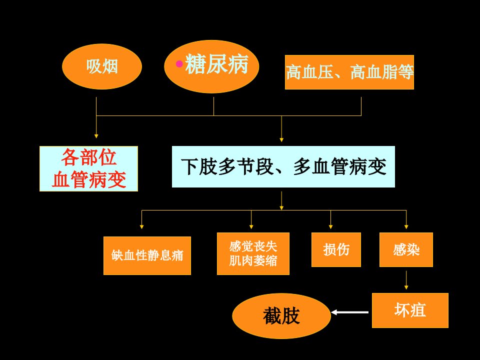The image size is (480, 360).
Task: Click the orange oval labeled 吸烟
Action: (x=102, y=66)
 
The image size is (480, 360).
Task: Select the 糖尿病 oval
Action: (x=211, y=66)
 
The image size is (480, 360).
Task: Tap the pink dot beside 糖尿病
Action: (x=179, y=64)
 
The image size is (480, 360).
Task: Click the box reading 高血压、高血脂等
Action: (x=349, y=72)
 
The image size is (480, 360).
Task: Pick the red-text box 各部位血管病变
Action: (x=89, y=168)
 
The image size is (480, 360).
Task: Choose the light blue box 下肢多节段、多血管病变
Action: (x=283, y=167)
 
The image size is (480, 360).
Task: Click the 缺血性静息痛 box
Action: (x=147, y=255)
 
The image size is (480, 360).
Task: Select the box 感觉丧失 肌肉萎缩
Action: (x=253, y=254)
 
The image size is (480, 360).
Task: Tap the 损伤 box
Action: (x=336, y=250)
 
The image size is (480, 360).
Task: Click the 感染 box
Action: (x=406, y=250)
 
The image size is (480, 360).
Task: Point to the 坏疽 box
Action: (x=410, y=310)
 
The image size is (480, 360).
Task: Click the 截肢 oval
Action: (x=281, y=316)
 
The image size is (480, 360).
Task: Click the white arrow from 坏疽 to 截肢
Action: (x=350, y=312)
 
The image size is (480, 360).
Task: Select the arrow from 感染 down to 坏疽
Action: (x=406, y=280)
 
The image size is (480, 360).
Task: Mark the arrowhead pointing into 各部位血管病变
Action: (x=96, y=136)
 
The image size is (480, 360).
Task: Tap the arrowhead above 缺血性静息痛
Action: (x=141, y=226)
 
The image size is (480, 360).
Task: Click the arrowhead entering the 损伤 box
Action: (x=330, y=226)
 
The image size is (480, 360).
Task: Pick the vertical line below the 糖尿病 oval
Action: (x=213, y=106)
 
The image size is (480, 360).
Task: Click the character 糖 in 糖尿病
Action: (x=195, y=64)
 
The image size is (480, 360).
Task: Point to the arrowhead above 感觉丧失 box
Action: (x=251, y=226)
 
